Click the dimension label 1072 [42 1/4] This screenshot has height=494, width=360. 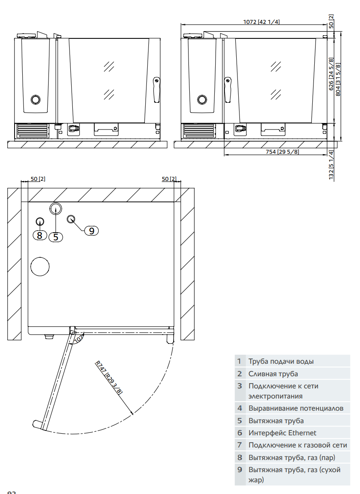pyautogui.click(x=261, y=22)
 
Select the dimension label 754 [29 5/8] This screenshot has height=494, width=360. pyautogui.click(x=282, y=152)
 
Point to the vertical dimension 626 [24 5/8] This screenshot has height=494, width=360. pyautogui.click(x=331, y=74)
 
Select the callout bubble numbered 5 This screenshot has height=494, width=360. pyautogui.click(x=56, y=237)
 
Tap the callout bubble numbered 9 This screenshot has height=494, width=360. pyautogui.click(x=91, y=231)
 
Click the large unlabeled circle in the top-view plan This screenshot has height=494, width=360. pyautogui.click(x=40, y=267)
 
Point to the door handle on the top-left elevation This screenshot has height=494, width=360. pyautogui.click(x=156, y=90)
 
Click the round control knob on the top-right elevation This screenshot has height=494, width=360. pyautogui.click(x=202, y=100)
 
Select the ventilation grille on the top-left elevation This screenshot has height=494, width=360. pyautogui.click(x=32, y=131)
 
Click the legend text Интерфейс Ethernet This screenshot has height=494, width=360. pyautogui.click(x=282, y=433)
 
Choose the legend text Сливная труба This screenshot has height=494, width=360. pyautogui.click(x=273, y=374)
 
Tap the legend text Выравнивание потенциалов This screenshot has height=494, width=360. pyautogui.click(x=296, y=408)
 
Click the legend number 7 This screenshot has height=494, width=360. pyautogui.click(x=239, y=445)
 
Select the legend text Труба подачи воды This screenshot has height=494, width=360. pyautogui.click(x=281, y=361)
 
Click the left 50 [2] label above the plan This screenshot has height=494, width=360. pyautogui.click(x=38, y=179)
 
